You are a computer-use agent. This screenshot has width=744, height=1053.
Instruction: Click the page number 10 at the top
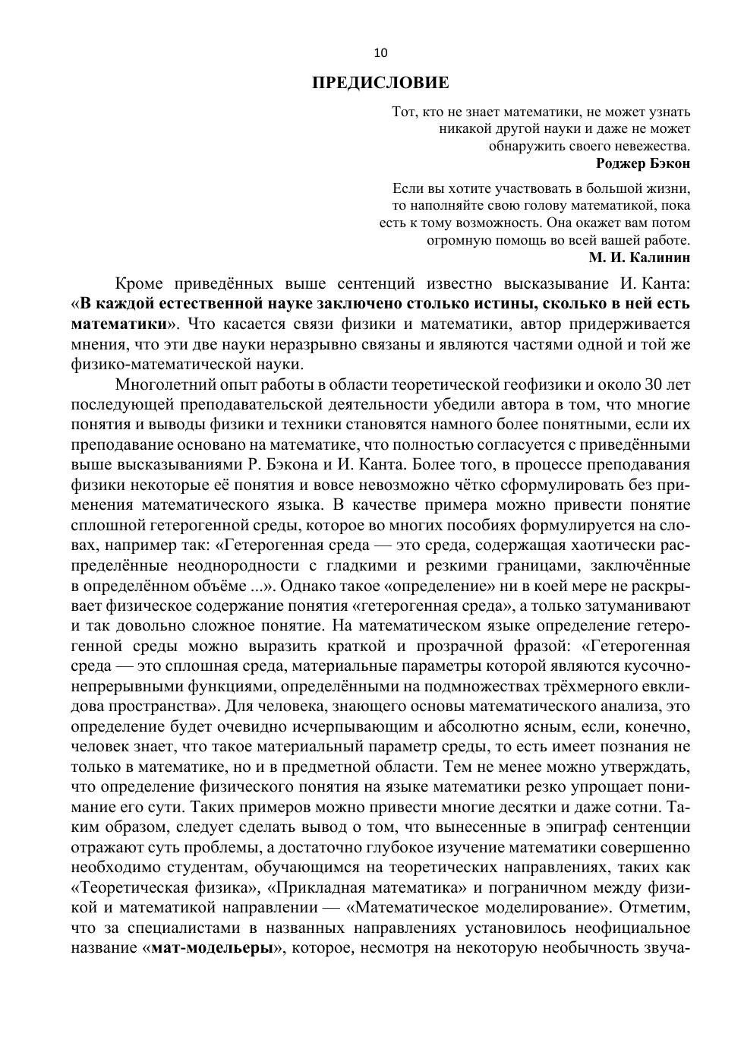tap(380, 52)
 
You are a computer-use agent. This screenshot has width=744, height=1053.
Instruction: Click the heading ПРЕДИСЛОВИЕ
tap(380, 83)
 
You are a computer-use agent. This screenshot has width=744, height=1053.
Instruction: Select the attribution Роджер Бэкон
tap(643, 163)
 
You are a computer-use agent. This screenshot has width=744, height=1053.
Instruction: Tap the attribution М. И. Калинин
tap(639, 258)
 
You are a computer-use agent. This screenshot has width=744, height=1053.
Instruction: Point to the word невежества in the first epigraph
tap(652, 146)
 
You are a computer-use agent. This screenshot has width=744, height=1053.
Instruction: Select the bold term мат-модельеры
tap(211, 947)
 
